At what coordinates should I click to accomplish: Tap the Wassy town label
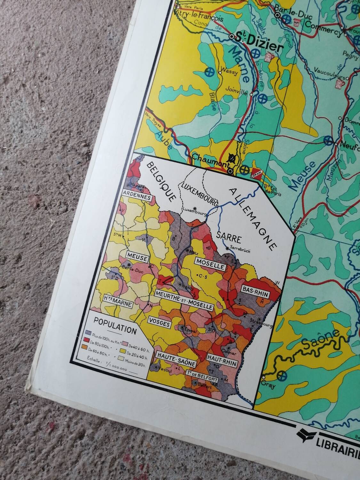point(230,73)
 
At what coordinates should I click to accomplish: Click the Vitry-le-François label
point(198,15)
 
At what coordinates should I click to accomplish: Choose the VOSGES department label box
point(159,324)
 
